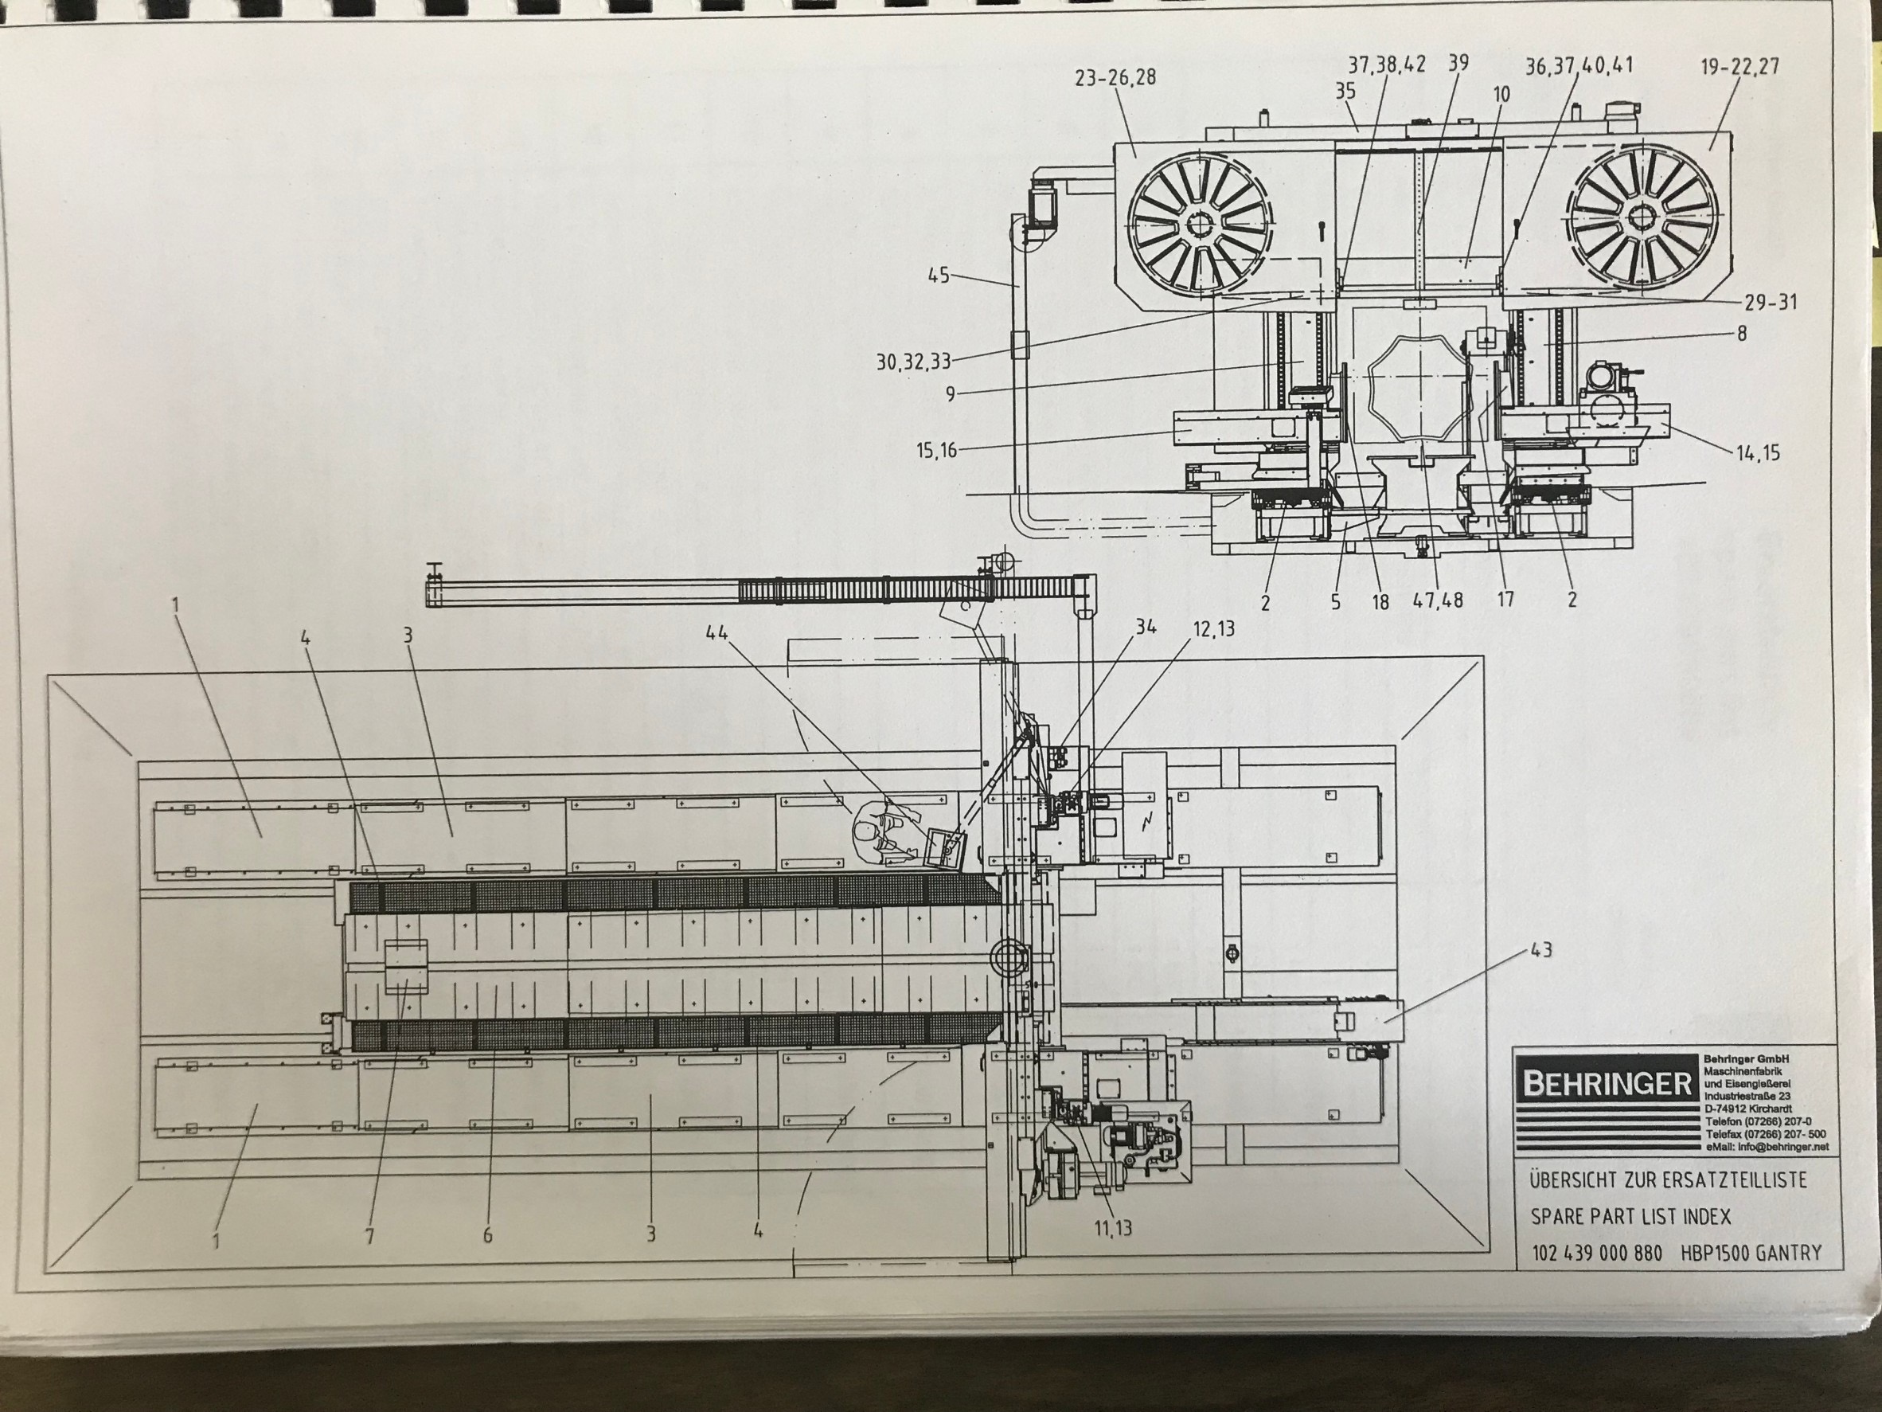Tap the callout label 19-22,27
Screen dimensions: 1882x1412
point(1740,67)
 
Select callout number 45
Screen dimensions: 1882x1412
point(939,276)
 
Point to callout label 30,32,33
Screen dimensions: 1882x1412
point(914,362)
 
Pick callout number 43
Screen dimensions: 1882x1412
point(1540,949)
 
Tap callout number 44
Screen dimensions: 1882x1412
point(716,632)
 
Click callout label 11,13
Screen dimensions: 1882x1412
point(1114,1228)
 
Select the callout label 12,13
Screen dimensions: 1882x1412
point(1212,628)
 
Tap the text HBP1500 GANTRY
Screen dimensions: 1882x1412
point(1751,1253)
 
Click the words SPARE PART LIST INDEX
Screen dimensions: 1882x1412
point(1631,1216)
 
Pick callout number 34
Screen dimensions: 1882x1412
point(1145,628)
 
